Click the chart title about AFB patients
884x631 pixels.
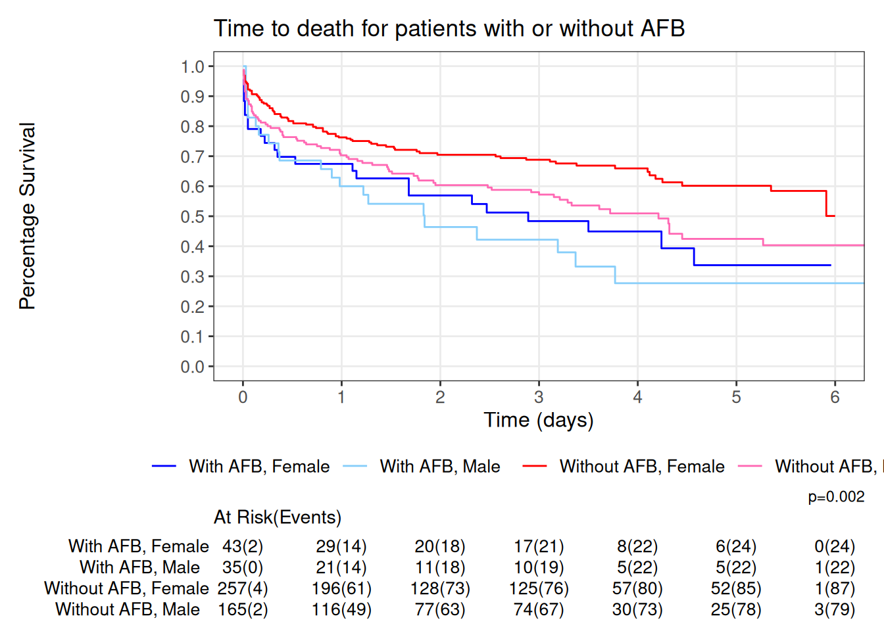point(449,29)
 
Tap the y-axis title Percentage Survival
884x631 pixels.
point(27,216)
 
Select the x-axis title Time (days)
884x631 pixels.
point(539,420)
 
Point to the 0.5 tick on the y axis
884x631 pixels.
point(193,216)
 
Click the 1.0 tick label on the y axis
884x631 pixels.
point(193,66)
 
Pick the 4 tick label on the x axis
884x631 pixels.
point(637,397)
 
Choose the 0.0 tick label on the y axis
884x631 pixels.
point(193,367)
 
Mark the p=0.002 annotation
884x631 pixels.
point(836,497)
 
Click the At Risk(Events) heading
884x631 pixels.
point(278,517)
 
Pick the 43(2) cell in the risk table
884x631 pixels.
point(243,546)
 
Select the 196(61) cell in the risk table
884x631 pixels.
point(341,588)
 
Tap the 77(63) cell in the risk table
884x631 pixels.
point(440,609)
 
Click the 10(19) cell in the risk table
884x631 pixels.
point(539,567)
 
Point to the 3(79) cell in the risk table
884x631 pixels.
point(835,609)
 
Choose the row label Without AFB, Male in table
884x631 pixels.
point(128,609)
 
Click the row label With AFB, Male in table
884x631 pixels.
point(139,567)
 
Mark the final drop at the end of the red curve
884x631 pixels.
point(827,204)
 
